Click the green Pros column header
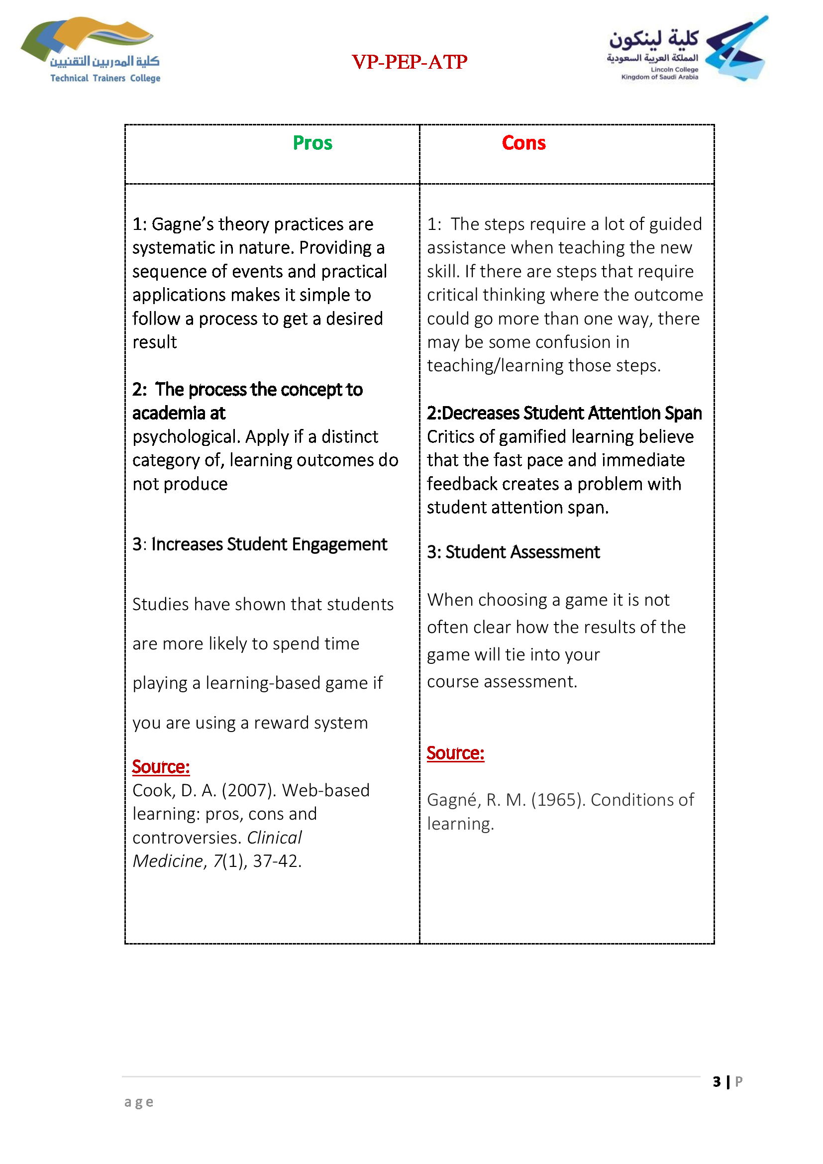(x=312, y=143)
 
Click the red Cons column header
(x=523, y=143)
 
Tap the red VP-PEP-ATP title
(x=410, y=62)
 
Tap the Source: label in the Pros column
(x=161, y=766)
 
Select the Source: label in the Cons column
(x=455, y=753)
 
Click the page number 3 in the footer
(x=717, y=1082)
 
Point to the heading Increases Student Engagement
(x=269, y=544)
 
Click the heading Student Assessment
(x=522, y=551)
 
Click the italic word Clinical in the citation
(x=274, y=838)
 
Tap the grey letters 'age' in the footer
(x=139, y=1102)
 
